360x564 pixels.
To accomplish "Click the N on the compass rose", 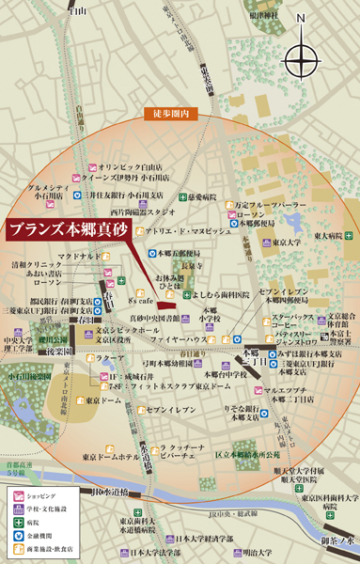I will [301, 18].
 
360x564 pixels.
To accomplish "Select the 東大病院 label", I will [328, 236].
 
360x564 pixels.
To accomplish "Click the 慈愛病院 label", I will [202, 197].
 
